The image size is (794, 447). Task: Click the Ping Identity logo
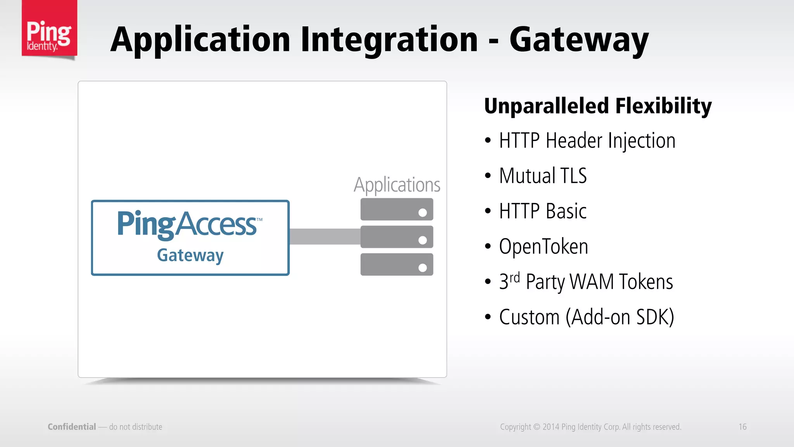coord(49,29)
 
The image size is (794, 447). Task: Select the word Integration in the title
coord(389,40)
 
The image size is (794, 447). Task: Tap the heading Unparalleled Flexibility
coord(597,106)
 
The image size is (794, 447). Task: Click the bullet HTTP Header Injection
coord(587,140)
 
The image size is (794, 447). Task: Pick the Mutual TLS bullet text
coord(543,176)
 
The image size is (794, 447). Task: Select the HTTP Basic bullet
coord(543,211)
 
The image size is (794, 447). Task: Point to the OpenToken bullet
coord(544,246)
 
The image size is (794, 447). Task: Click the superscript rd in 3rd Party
coord(514,277)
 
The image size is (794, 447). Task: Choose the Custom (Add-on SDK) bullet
coord(587,317)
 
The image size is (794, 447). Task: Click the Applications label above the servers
coord(397,185)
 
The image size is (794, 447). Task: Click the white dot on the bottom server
coord(423,268)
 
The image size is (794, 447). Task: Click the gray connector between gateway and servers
coord(325,236)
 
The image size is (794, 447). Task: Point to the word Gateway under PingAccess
coord(190,255)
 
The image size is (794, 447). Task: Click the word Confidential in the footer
coord(72,427)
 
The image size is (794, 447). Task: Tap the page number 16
coord(742,427)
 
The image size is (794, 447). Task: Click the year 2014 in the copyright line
coord(551,427)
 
